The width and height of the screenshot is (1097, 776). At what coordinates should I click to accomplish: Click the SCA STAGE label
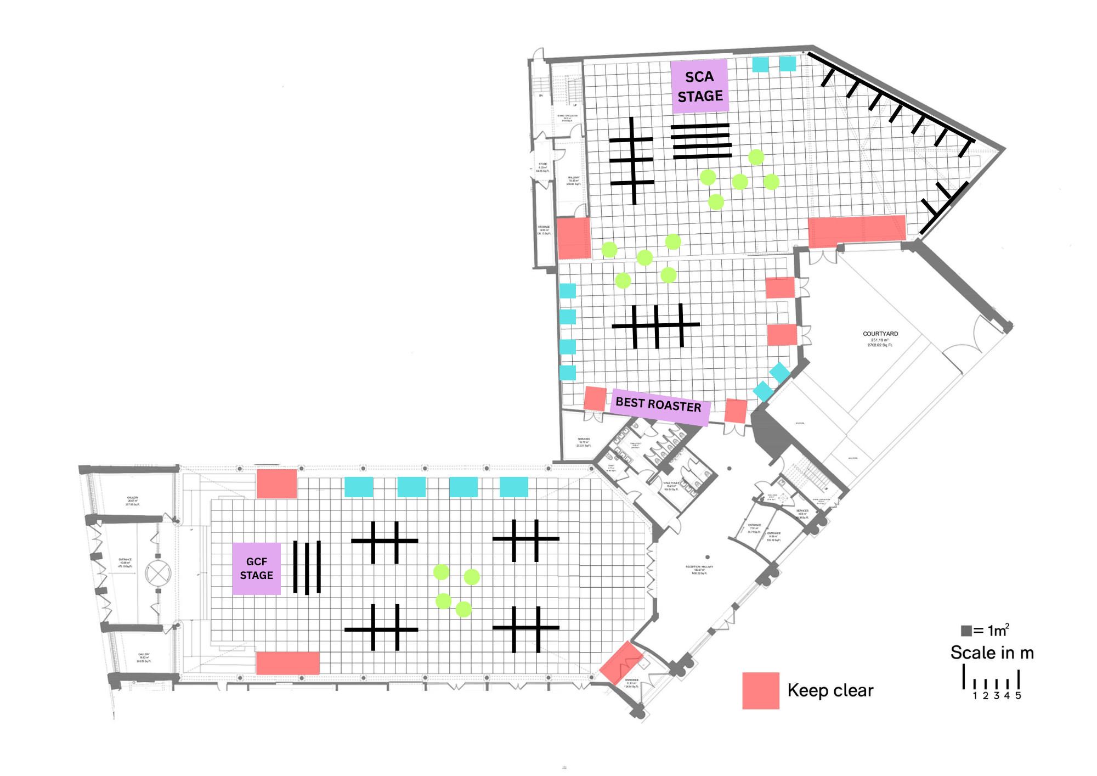[700, 87]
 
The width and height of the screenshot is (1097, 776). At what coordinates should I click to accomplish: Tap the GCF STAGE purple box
[256, 569]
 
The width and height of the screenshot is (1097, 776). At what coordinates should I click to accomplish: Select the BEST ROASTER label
[659, 404]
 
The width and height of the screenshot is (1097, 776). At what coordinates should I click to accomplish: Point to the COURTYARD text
[880, 334]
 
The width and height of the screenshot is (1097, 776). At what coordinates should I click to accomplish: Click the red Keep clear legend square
[761, 690]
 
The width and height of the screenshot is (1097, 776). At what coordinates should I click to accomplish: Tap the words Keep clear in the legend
[830, 690]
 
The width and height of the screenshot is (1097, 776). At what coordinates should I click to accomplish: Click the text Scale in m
[992, 653]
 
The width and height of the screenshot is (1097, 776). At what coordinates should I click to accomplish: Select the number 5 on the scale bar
[1018, 696]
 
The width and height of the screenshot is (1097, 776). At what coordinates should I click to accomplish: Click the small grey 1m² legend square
[966, 631]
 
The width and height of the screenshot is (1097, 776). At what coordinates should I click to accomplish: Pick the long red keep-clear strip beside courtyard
[857, 230]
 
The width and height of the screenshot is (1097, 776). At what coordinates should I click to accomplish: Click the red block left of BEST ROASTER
[595, 398]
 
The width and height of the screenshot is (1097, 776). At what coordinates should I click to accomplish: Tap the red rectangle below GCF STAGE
[287, 663]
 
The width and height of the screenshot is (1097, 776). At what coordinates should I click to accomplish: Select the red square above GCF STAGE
[277, 483]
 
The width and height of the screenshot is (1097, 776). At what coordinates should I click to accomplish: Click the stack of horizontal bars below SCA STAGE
[702, 142]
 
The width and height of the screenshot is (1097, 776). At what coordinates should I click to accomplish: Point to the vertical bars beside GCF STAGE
[307, 567]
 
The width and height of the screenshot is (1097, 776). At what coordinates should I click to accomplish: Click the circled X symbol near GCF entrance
[158, 574]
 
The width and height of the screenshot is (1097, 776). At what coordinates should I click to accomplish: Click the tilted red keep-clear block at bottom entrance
[620, 662]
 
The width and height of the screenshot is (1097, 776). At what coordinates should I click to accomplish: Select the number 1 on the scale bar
[975, 696]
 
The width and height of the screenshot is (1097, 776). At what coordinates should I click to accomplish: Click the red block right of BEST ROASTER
[736, 411]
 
